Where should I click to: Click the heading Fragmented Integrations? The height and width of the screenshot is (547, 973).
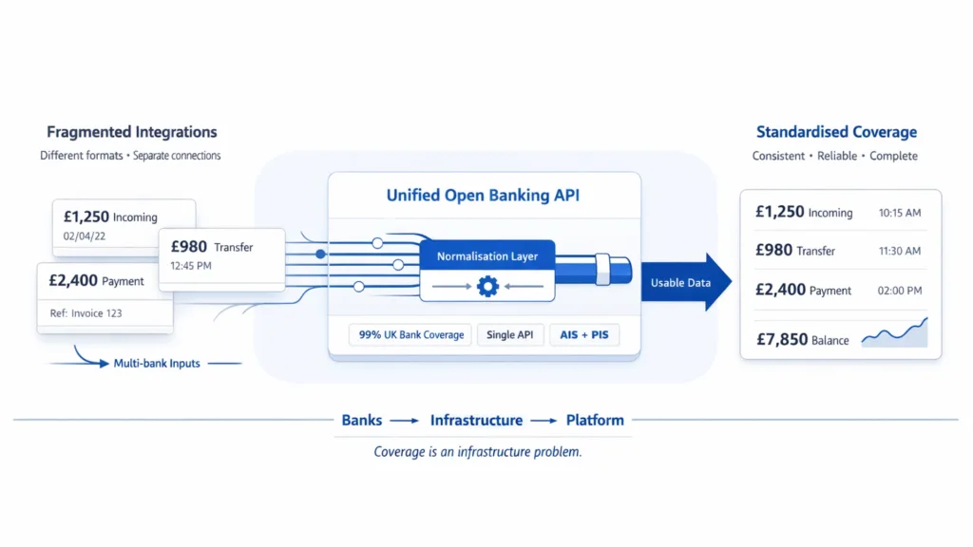point(131,132)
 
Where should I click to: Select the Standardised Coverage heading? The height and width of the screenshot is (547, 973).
point(836,132)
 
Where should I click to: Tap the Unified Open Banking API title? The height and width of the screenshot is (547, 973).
point(485,196)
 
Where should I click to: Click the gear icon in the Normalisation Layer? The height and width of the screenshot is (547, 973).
point(487,285)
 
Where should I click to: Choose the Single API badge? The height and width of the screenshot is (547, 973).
point(510,335)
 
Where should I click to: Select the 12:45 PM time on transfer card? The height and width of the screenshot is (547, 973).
point(191,267)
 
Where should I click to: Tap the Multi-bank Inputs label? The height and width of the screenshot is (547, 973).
point(156,363)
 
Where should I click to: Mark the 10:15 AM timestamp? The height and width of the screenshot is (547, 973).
point(900,213)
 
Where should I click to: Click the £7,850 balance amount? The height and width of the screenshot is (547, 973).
point(781,339)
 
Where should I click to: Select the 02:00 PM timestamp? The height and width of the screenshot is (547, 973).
point(900,291)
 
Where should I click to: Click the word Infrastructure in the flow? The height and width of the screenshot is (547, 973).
point(476,420)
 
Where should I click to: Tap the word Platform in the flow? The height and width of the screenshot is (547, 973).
point(595,420)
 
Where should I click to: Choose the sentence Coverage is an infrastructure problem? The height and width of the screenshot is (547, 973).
point(477,452)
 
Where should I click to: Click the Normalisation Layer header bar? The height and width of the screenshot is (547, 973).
point(486,256)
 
